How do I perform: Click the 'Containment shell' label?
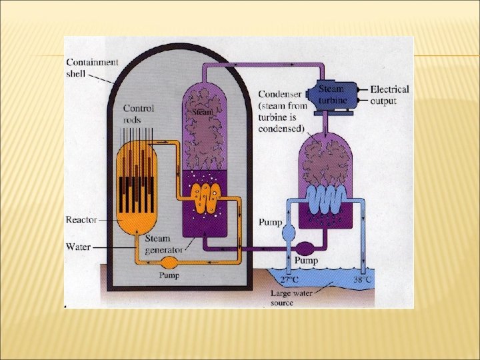click(92, 67)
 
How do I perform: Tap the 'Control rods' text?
click(139, 113)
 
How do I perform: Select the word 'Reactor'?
click(81, 219)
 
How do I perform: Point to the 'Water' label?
click(78, 247)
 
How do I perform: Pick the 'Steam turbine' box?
click(332, 94)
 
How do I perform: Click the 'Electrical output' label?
click(389, 95)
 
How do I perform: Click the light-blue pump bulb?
click(289, 232)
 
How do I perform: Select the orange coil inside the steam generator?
click(204, 198)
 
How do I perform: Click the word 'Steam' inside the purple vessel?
click(203, 112)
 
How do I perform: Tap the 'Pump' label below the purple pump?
click(306, 261)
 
